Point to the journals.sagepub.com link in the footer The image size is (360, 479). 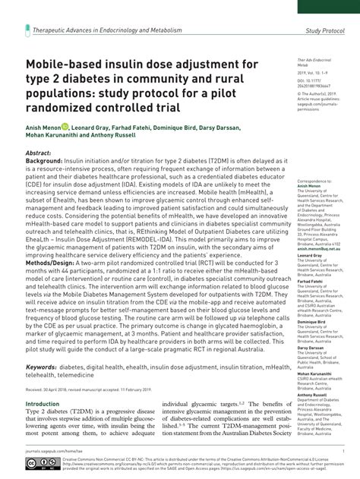(45, 450)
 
